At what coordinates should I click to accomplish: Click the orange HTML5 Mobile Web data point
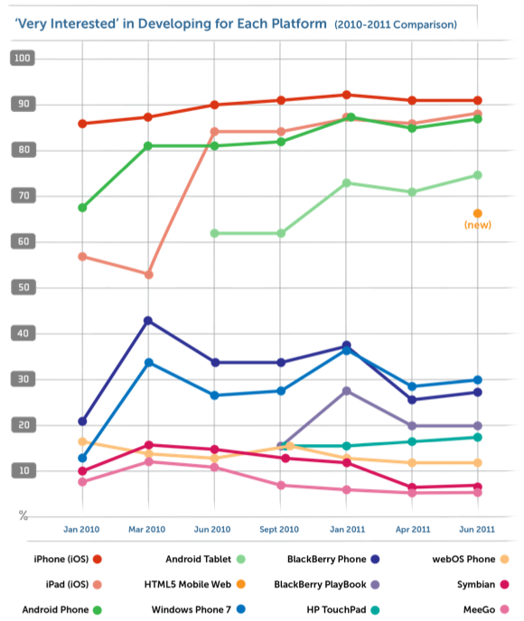coord(478,214)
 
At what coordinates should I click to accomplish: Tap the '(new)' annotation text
coord(477,226)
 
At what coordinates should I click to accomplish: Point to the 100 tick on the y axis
coord(22,59)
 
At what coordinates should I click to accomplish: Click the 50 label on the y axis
coord(22,288)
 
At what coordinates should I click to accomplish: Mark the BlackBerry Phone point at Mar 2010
coord(148,320)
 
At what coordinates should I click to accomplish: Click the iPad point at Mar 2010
coord(148,274)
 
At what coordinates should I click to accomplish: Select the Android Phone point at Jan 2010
coord(83,208)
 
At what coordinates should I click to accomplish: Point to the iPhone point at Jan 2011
coord(347,95)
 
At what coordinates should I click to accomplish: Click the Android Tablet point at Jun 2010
coord(214,233)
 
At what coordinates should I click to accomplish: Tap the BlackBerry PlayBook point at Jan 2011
coord(347,391)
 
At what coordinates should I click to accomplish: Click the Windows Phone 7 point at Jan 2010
coord(83,459)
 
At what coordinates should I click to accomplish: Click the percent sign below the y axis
coord(23,515)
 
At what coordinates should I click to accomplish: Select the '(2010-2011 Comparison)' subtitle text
coord(396,23)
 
